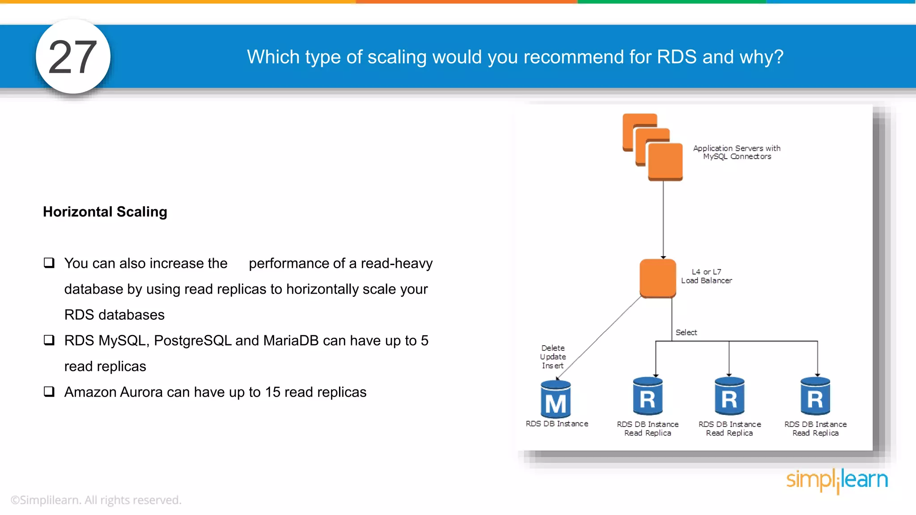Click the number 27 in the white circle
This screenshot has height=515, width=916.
coord(72,57)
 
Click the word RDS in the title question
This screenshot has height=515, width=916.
coord(676,57)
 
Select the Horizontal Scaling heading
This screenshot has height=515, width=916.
coord(105,211)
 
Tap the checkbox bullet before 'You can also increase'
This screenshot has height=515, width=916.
coord(49,262)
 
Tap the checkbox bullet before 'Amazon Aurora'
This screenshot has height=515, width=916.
coord(49,392)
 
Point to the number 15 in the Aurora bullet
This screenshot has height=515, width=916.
coord(272,392)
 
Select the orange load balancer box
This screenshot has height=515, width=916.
coord(657,278)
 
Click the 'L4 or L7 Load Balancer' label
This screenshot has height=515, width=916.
coord(706,276)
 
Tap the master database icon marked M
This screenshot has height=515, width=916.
coord(556,399)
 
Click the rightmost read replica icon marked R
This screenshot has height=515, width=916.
coord(815,397)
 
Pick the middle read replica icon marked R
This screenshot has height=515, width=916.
coord(729,397)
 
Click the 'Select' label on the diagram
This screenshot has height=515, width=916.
coord(686,332)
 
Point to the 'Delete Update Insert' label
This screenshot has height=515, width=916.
coord(553,357)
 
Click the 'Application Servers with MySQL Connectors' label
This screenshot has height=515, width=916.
coord(737,152)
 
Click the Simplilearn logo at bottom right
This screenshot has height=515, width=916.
coord(837,480)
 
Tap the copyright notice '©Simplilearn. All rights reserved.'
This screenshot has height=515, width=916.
coord(96,500)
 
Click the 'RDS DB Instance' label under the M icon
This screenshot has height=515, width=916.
coord(557,424)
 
